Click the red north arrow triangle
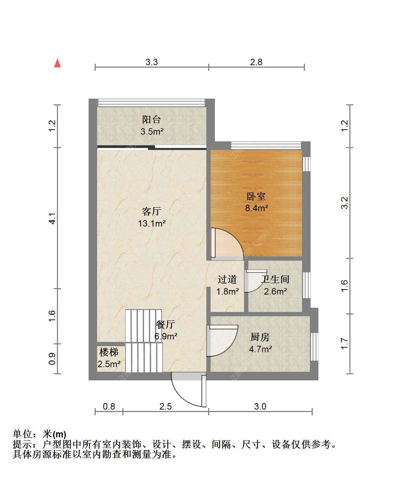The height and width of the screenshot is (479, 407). pyautogui.click(x=57, y=63)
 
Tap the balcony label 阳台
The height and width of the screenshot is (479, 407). pyautogui.click(x=152, y=120)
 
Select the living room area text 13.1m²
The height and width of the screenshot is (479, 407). pyautogui.click(x=152, y=223)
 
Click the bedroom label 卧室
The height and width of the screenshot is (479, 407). pyautogui.click(x=256, y=197)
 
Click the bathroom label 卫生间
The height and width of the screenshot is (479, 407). pyautogui.click(x=275, y=279)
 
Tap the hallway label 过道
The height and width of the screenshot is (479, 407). pyautogui.click(x=227, y=280)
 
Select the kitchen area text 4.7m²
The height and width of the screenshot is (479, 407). pyautogui.click(x=260, y=349)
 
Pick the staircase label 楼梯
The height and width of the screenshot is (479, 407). pyautogui.click(x=109, y=352)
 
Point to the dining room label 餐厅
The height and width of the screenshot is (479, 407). pyautogui.click(x=165, y=324)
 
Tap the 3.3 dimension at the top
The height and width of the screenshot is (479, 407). pyautogui.click(x=152, y=62)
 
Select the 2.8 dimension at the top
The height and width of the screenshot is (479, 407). pyautogui.click(x=256, y=62)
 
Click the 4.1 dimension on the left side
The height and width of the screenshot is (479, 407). pyautogui.click(x=52, y=218)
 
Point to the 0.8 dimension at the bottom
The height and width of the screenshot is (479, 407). pyautogui.click(x=109, y=406)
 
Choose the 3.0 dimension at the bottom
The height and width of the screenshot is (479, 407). pyautogui.click(x=260, y=406)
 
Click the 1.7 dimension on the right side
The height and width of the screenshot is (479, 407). pyautogui.click(x=344, y=344)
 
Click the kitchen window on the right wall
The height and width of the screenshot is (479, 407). pyautogui.click(x=314, y=347)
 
